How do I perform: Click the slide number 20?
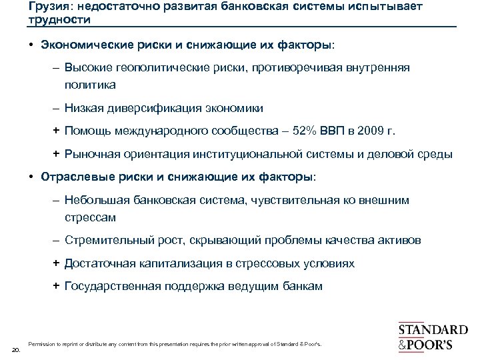[x=17, y=349]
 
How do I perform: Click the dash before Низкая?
[x=57, y=107]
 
